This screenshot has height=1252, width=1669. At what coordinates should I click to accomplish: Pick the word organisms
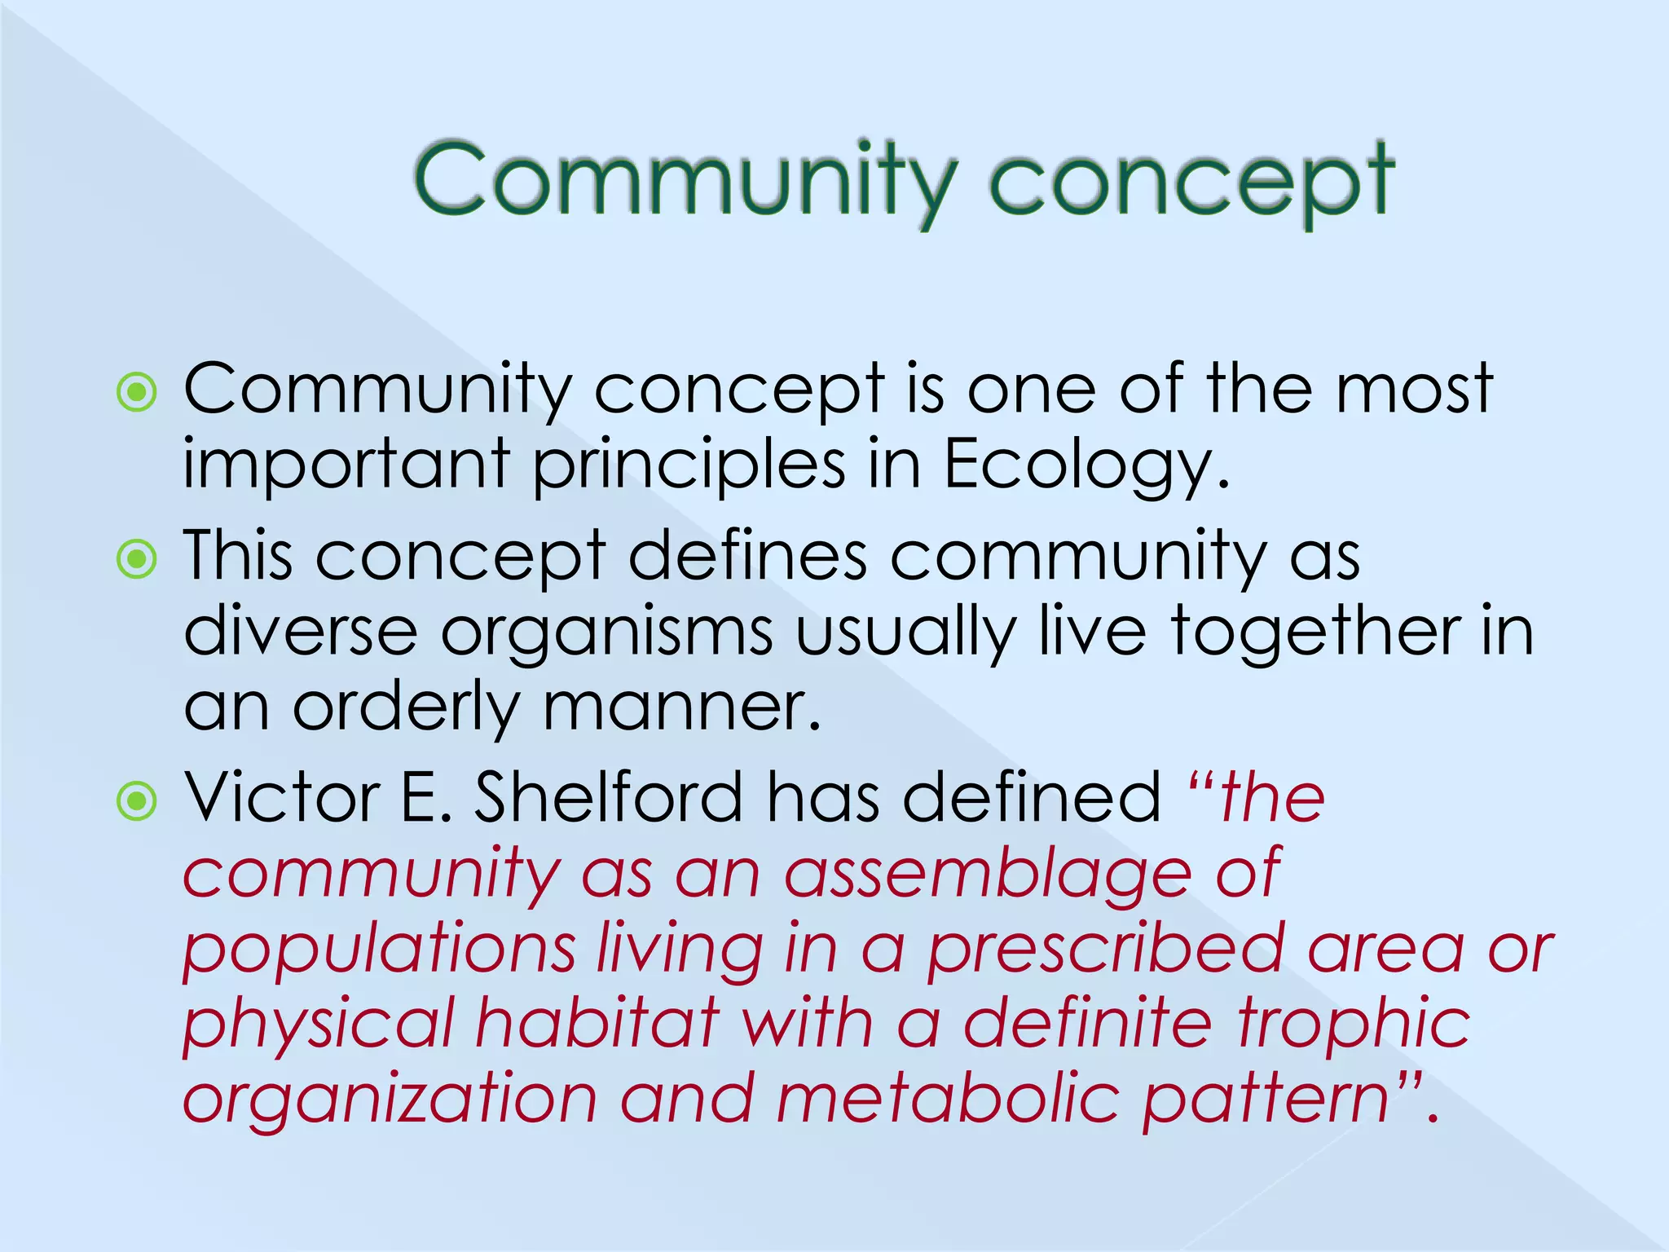click(x=606, y=633)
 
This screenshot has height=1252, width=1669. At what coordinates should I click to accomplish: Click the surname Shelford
click(x=608, y=797)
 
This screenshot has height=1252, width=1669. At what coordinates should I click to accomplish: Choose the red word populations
click(x=380, y=950)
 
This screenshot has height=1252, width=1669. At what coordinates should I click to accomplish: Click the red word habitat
click(x=598, y=1025)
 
